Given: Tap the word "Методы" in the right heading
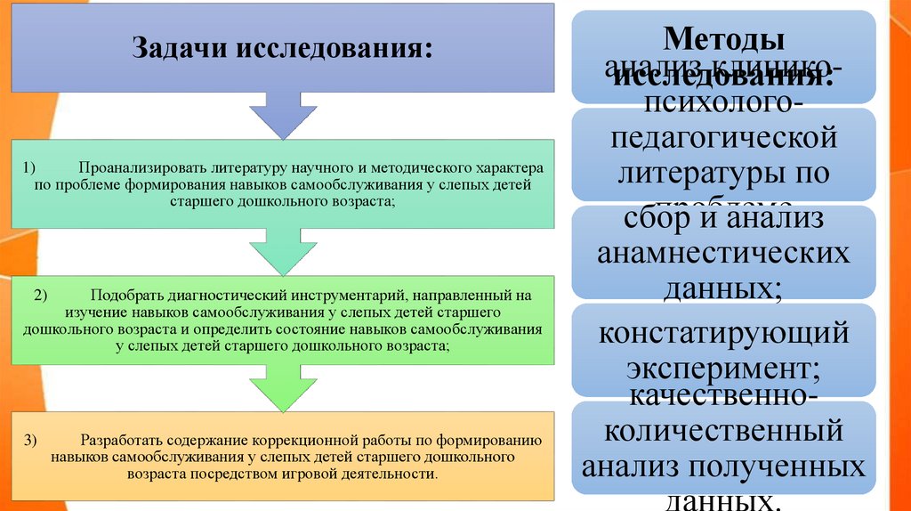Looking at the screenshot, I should (722, 40).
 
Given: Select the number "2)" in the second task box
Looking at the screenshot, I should (41, 293).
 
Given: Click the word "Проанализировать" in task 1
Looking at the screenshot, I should (142, 166).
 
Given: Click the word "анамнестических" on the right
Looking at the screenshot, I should (722, 253).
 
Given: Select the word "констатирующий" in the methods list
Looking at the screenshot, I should (722, 334).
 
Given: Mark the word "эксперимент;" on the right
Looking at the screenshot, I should (722, 367).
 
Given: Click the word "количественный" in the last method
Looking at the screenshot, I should (722, 432).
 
